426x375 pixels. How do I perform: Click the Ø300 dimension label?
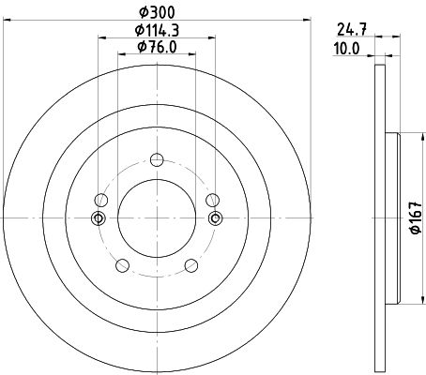click(x=157, y=13)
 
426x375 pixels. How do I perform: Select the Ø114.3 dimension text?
click(x=157, y=30)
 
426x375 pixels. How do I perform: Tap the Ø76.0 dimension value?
click(x=157, y=47)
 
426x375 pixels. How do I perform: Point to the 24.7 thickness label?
click(x=352, y=30)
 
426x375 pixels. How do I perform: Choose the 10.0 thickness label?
click(x=346, y=49)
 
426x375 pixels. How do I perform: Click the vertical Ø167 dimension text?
click(x=416, y=217)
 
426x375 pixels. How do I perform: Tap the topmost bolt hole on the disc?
click(x=157, y=159)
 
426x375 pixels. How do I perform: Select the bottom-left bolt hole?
click(x=122, y=265)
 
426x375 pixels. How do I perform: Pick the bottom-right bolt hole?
click(x=191, y=265)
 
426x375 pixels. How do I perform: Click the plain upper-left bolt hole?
click(x=101, y=200)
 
